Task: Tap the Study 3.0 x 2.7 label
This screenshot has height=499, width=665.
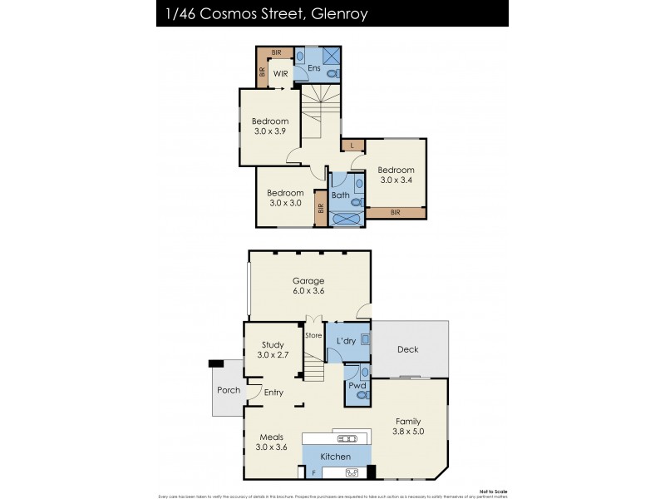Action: coord(273,350)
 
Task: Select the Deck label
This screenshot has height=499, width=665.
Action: coord(407,349)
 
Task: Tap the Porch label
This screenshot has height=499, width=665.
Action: coord(228,390)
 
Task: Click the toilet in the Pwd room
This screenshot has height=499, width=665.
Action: coord(361,396)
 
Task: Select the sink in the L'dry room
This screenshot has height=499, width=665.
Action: coord(364,341)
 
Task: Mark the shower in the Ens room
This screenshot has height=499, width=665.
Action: coord(331,57)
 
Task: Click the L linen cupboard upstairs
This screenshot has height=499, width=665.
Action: coord(352,146)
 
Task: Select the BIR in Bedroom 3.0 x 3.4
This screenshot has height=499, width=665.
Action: coord(396,213)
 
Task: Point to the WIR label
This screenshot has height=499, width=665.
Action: coord(280,73)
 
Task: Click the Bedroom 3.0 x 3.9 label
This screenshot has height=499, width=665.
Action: coord(270,126)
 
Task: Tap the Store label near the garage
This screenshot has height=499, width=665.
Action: coord(313,336)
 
